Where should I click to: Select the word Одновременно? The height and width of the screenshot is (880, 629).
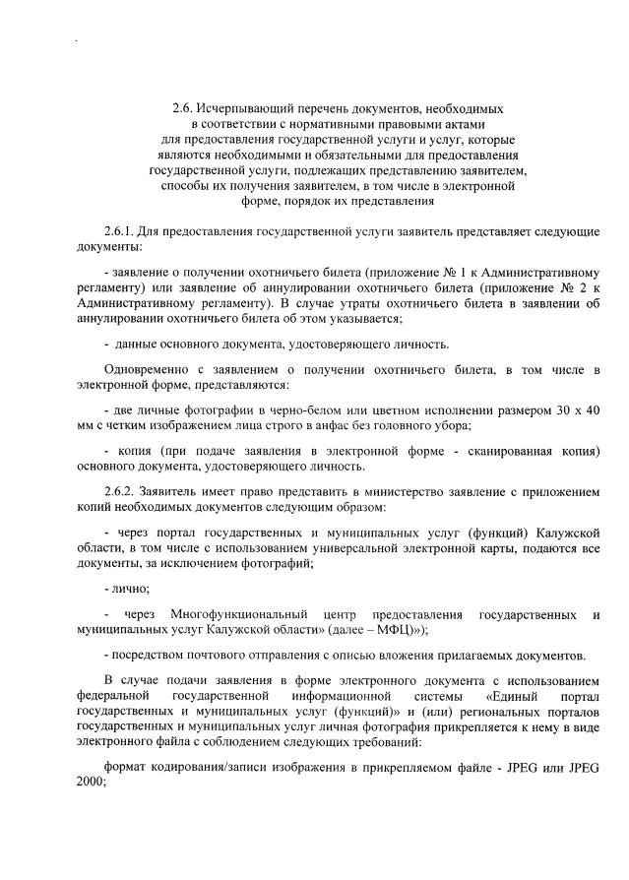pos(148,368)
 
